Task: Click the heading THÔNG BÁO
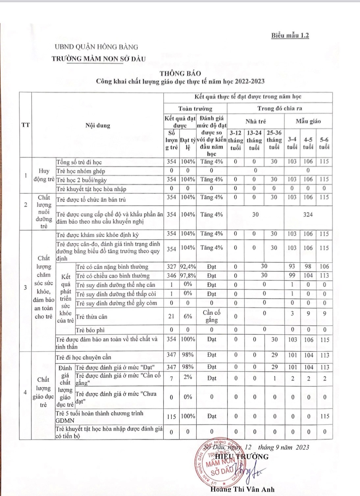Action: coord(180,73)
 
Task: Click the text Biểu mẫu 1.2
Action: coord(290,36)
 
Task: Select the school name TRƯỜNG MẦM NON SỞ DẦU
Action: coord(98,59)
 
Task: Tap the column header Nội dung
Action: coord(98,125)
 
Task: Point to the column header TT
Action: coord(25,125)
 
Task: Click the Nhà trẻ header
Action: coord(256,121)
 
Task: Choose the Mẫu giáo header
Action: coord(308,121)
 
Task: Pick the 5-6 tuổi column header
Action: coord(324,144)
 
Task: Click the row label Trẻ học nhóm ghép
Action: coord(81,171)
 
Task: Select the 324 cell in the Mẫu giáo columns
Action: coord(308,215)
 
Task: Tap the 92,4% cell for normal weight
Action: coord(188,267)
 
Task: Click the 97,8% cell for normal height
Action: coord(188,275)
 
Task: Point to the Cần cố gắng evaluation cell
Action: coord(211,316)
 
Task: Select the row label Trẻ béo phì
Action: coord(90,330)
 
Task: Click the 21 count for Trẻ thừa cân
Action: coord(171,316)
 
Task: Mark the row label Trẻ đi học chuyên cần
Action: coord(84,357)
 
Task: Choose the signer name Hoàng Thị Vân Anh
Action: coord(242,489)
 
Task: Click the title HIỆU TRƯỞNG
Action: coord(242,457)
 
